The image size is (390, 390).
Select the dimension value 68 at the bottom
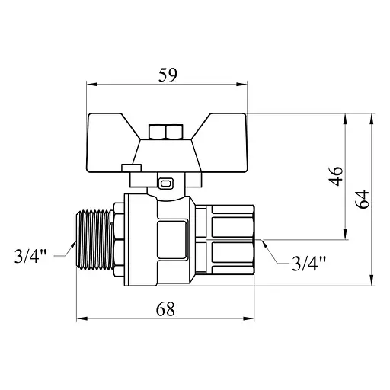click(x=166, y=309)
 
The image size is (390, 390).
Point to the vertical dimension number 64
click(x=363, y=200)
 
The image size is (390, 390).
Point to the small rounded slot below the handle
click(x=167, y=182)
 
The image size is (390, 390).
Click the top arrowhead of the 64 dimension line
click(x=371, y=118)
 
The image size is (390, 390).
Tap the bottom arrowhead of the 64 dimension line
click(x=371, y=280)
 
